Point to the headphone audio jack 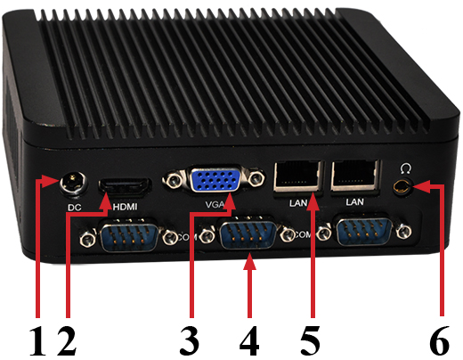404,187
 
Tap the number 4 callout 250,340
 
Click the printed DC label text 75,209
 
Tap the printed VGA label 215,204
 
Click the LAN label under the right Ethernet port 354,203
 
